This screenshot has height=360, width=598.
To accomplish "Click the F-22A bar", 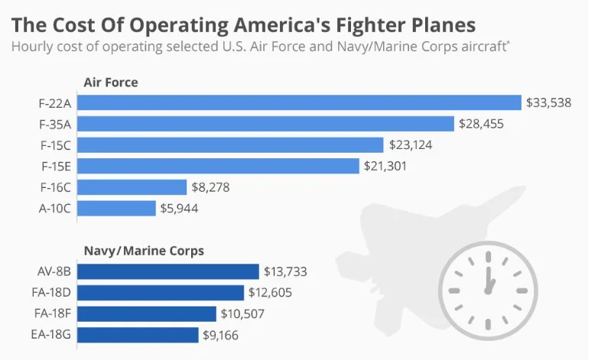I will pos(300,102).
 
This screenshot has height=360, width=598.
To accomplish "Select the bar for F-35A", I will pos(266,123).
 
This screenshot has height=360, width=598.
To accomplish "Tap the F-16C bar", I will pos(132,187).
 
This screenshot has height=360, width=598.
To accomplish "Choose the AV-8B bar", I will pos(168,271).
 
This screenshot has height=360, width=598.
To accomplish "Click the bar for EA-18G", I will pos(138,335).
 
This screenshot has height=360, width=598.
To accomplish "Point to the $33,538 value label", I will pos(549,102).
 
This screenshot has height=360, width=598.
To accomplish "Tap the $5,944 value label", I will pos(180,208).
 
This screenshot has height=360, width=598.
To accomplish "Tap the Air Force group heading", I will pos(110,82).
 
